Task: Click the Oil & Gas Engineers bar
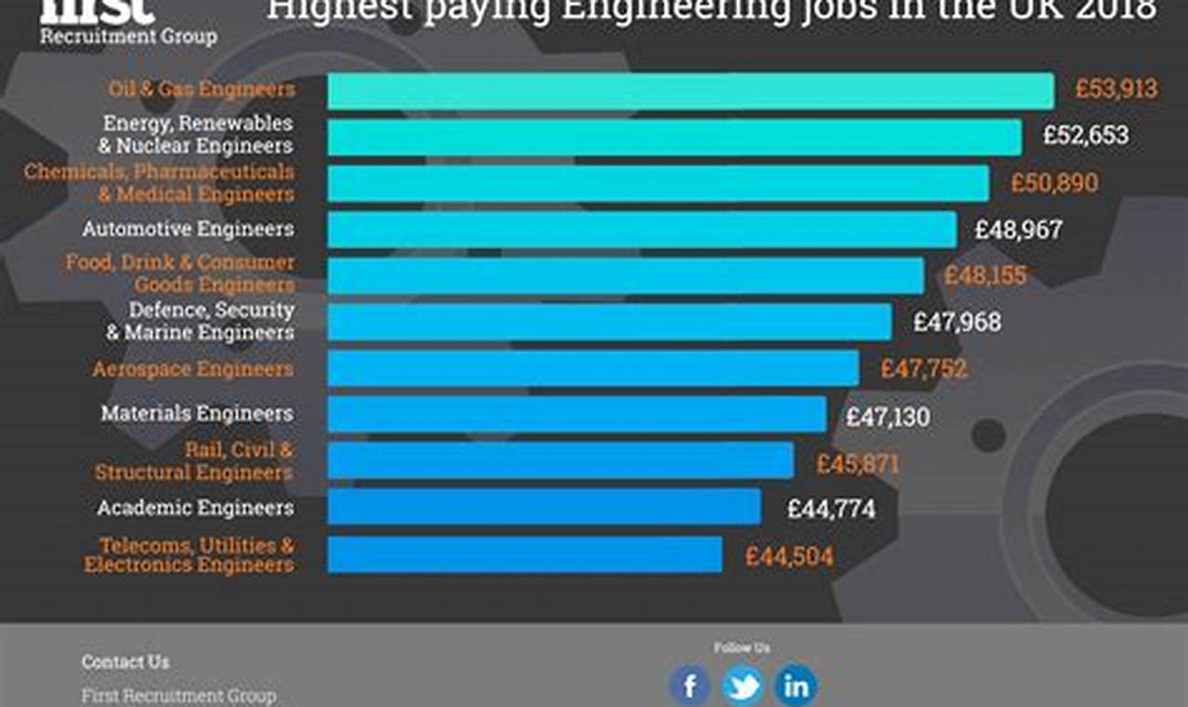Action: pos(690,91)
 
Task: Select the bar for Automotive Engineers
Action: pos(641,230)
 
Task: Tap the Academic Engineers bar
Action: pos(544,507)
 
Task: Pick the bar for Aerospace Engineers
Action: pos(593,368)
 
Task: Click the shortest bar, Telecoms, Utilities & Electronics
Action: pos(524,554)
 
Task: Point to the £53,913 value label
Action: pos(1116,89)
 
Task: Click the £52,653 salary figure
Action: pos(1085,136)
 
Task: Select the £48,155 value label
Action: pos(985,276)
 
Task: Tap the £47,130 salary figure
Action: pos(887,417)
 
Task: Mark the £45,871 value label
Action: pos(857,463)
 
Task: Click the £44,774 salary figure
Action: pos(830,510)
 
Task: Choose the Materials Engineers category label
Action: pos(197,413)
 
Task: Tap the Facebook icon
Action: pos(690,687)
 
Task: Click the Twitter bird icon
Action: pos(743,687)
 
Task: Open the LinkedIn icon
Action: pos(796,687)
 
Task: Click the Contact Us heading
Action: pos(125,662)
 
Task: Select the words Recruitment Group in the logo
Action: pos(128,36)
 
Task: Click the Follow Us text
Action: pos(742,647)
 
